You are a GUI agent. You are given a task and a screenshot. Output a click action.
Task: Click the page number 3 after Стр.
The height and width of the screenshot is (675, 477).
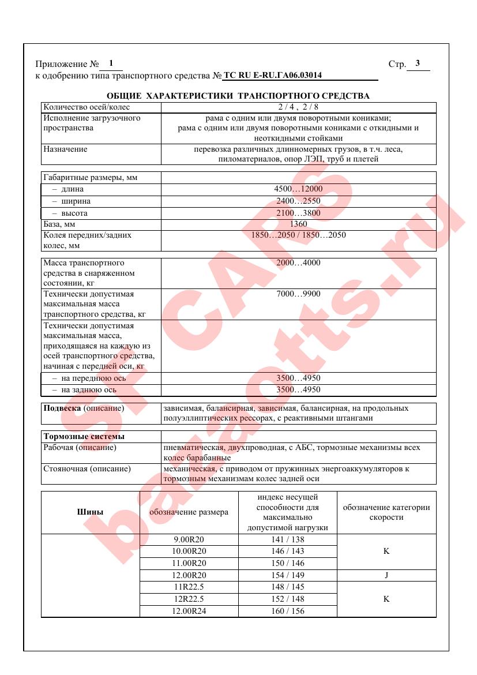[x=418, y=63]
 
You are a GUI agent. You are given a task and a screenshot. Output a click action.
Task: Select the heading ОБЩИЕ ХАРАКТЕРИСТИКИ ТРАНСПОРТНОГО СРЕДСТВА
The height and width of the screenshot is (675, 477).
[x=238, y=96]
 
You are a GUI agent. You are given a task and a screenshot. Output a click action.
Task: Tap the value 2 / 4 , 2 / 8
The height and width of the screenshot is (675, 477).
[x=298, y=107]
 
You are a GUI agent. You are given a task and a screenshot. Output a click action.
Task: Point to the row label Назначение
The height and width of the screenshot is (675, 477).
[x=65, y=149]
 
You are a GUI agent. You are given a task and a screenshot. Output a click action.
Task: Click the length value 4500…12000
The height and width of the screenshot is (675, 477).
[x=298, y=189]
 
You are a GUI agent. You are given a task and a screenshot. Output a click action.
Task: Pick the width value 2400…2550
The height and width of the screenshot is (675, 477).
[x=298, y=201]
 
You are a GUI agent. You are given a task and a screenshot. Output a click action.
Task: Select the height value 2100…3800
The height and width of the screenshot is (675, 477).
[x=298, y=213]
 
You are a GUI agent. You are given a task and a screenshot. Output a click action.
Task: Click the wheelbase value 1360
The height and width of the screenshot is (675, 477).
[x=298, y=224]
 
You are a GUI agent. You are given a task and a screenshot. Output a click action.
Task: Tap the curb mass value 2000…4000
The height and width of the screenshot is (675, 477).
[x=298, y=263]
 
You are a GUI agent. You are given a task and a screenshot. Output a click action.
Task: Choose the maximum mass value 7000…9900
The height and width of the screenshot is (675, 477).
[x=298, y=294]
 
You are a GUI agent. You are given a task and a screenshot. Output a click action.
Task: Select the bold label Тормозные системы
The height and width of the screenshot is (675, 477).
[x=84, y=436]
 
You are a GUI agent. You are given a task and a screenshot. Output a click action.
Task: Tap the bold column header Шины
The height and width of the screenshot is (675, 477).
[x=91, y=512]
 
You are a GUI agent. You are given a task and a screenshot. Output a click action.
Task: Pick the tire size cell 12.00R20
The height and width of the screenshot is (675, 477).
[x=190, y=575]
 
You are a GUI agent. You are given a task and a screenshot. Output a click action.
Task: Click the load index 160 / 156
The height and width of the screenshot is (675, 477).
[x=287, y=611]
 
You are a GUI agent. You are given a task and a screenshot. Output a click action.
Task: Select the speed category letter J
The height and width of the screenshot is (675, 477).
[x=386, y=575]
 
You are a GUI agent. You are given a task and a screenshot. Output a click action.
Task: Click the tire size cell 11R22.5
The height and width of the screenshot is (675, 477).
[x=190, y=587]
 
